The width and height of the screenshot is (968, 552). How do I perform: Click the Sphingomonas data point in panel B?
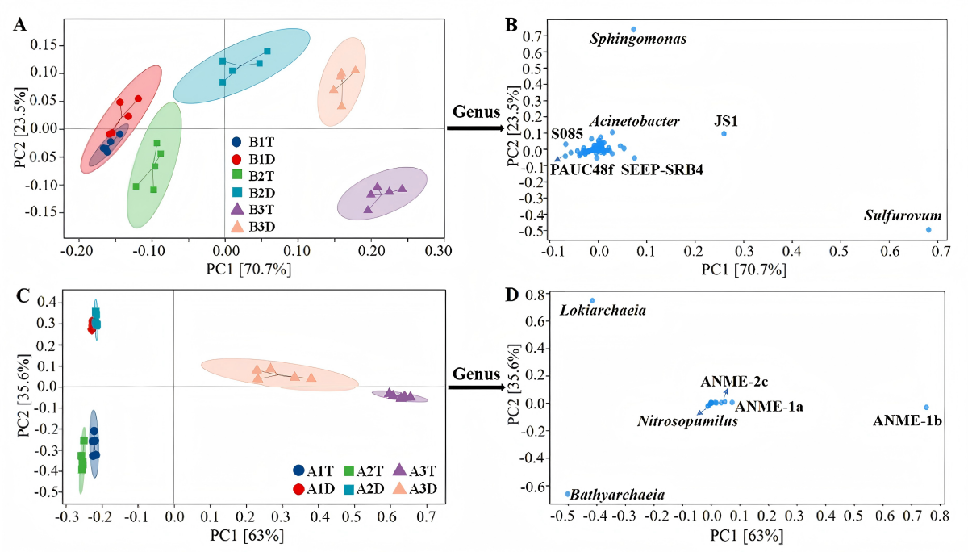[x=633, y=29]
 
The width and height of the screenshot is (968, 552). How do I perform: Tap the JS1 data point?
[x=724, y=133]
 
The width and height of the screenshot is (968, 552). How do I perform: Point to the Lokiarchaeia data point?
[x=592, y=300]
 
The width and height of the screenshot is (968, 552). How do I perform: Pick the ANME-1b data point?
[x=926, y=408]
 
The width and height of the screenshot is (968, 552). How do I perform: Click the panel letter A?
[x=19, y=24]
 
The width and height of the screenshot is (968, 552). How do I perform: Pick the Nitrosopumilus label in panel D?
[x=687, y=421]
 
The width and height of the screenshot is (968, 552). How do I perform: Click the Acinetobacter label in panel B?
[x=633, y=121]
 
